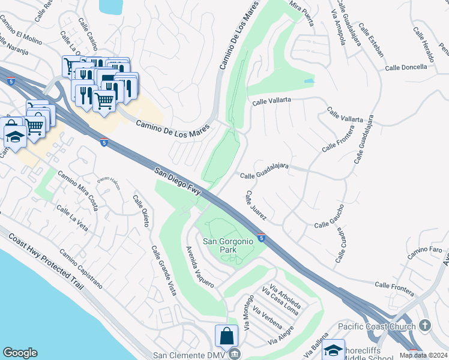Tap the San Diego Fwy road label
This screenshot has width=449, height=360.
coord(178,181)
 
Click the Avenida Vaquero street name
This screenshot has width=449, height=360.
coord(199,267)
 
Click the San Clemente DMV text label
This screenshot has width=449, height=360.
coord(188,355)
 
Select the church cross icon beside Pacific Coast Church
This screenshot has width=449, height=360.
coord(425,326)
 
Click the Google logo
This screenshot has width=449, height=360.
coord(20,353)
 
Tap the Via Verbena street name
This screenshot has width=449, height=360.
coord(267,317)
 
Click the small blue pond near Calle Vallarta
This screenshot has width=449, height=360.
coord(309,80)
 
